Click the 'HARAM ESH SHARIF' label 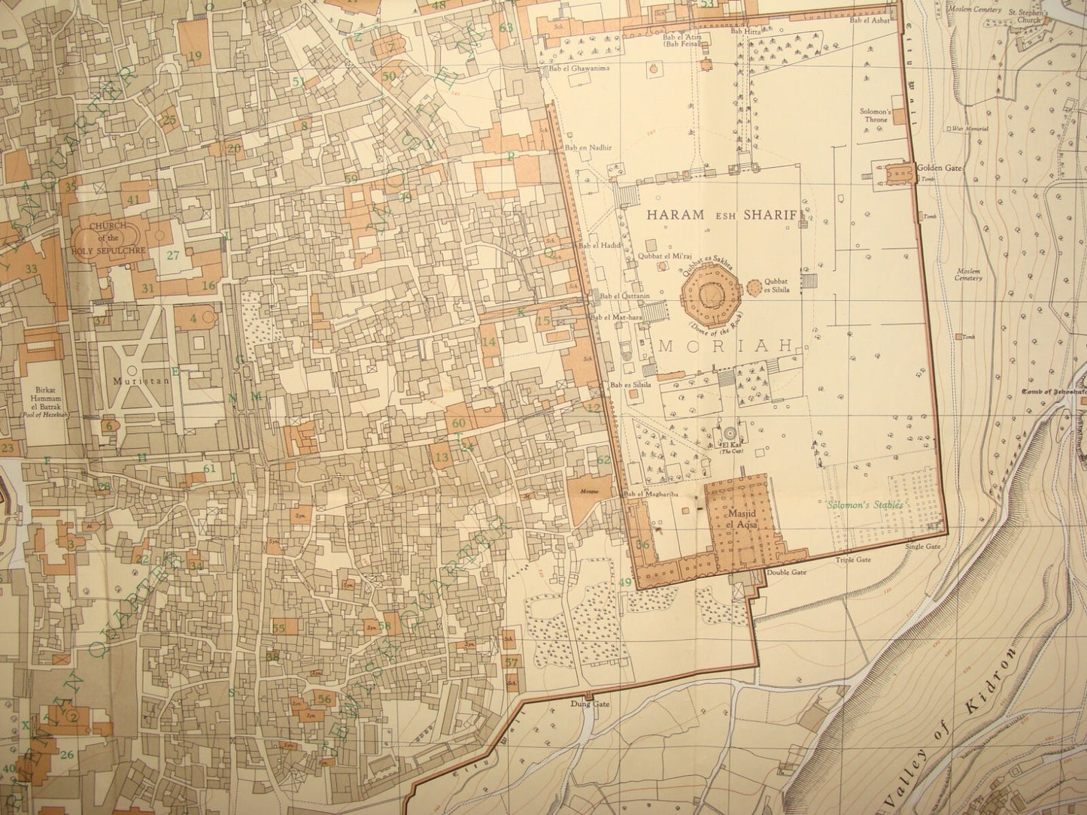click(721, 214)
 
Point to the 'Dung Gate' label click(594, 704)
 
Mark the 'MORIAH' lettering click(726, 347)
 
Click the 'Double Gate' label click(786, 572)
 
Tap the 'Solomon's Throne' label click(875, 115)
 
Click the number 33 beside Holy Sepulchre click(31, 268)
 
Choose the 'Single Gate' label click(923, 547)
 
